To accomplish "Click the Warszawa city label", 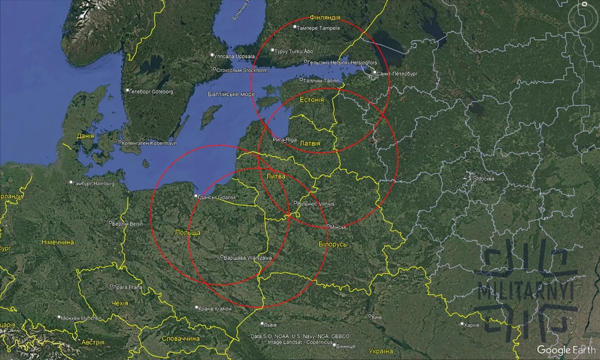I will [x=247, y=257].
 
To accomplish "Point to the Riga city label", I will [x=285, y=139].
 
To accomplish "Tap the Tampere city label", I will [x=319, y=28].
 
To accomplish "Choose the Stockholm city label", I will [x=243, y=69].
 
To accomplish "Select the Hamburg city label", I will [x=95, y=183].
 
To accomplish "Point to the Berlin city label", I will [x=128, y=223].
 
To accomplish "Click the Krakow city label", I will [x=215, y=309].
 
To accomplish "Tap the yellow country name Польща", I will [x=186, y=232].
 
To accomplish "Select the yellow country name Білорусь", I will [x=333, y=244].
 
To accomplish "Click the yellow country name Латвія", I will [x=310, y=143].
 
